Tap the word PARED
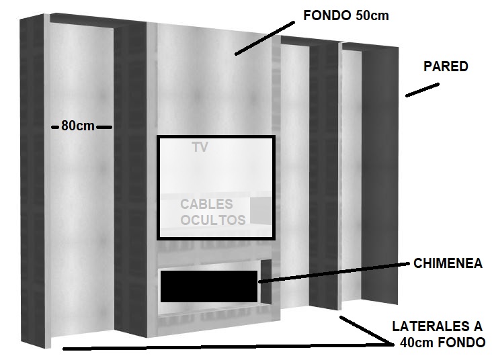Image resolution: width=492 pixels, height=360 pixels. pyautogui.click(x=446, y=66)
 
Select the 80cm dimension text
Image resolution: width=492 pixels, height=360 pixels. pyautogui.click(x=78, y=126)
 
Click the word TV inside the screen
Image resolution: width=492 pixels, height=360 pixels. pyautogui.click(x=200, y=148)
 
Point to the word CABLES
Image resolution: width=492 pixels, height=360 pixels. pyautogui.click(x=206, y=204)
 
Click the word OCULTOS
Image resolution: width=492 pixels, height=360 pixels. pyautogui.click(x=213, y=220)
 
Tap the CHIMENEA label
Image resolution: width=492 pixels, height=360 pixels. pyautogui.click(x=448, y=264)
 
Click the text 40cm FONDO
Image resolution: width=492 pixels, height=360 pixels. pyautogui.click(x=442, y=343)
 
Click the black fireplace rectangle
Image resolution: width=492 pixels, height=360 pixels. pyautogui.click(x=209, y=286)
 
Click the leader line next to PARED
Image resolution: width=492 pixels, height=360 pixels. pyautogui.click(x=422, y=90)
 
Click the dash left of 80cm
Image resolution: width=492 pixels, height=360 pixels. pyautogui.click(x=56, y=126)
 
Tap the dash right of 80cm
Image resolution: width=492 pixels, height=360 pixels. pyautogui.click(x=104, y=126)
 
